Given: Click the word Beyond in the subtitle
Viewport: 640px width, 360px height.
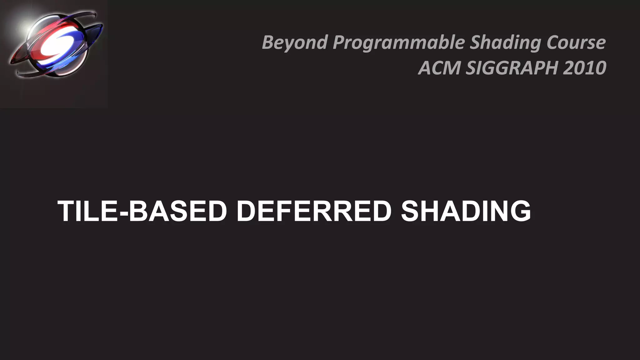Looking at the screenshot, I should (x=295, y=42).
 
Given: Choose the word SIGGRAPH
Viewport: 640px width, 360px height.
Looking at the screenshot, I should (x=512, y=68).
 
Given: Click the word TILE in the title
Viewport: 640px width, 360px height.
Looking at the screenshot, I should (x=88, y=211).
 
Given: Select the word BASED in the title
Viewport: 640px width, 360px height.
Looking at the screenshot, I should (x=178, y=211).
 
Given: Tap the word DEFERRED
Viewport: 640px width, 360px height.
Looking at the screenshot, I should (x=314, y=211).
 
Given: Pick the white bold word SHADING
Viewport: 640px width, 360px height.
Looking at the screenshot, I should (x=466, y=211).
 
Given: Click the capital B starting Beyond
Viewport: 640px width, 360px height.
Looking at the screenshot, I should (x=268, y=42).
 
